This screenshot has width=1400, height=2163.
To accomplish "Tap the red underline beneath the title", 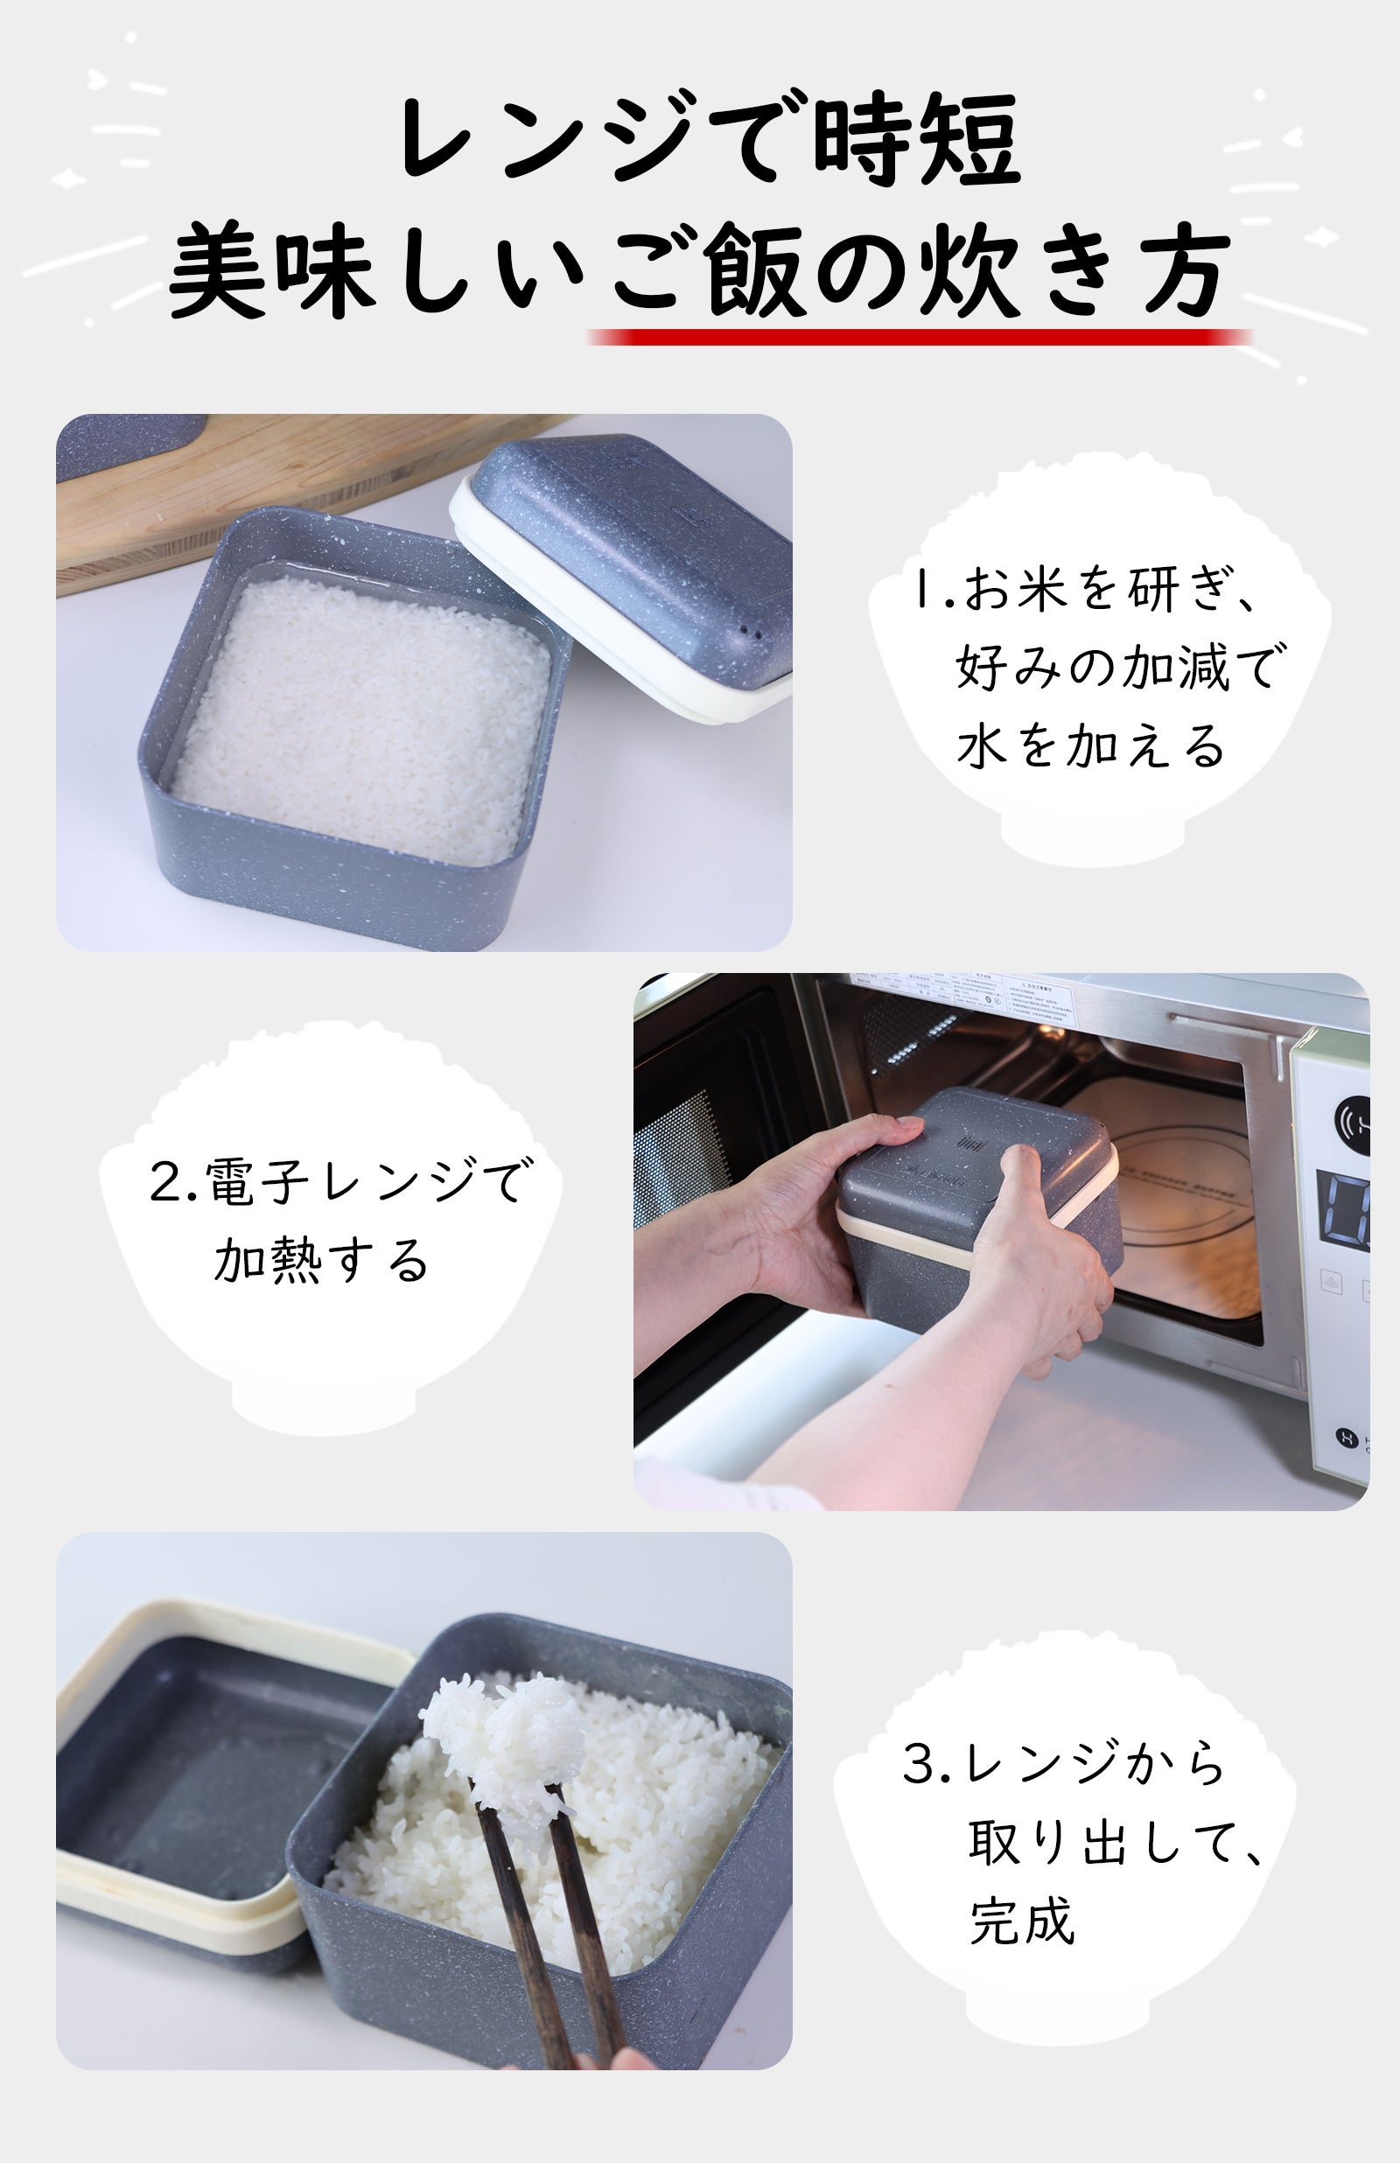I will [x=918, y=337].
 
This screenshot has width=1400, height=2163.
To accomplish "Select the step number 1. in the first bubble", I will [x=931, y=589].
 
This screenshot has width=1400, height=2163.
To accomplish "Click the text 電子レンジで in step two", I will [x=336, y=1180].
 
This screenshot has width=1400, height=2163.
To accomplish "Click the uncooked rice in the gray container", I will [x=364, y=718].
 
